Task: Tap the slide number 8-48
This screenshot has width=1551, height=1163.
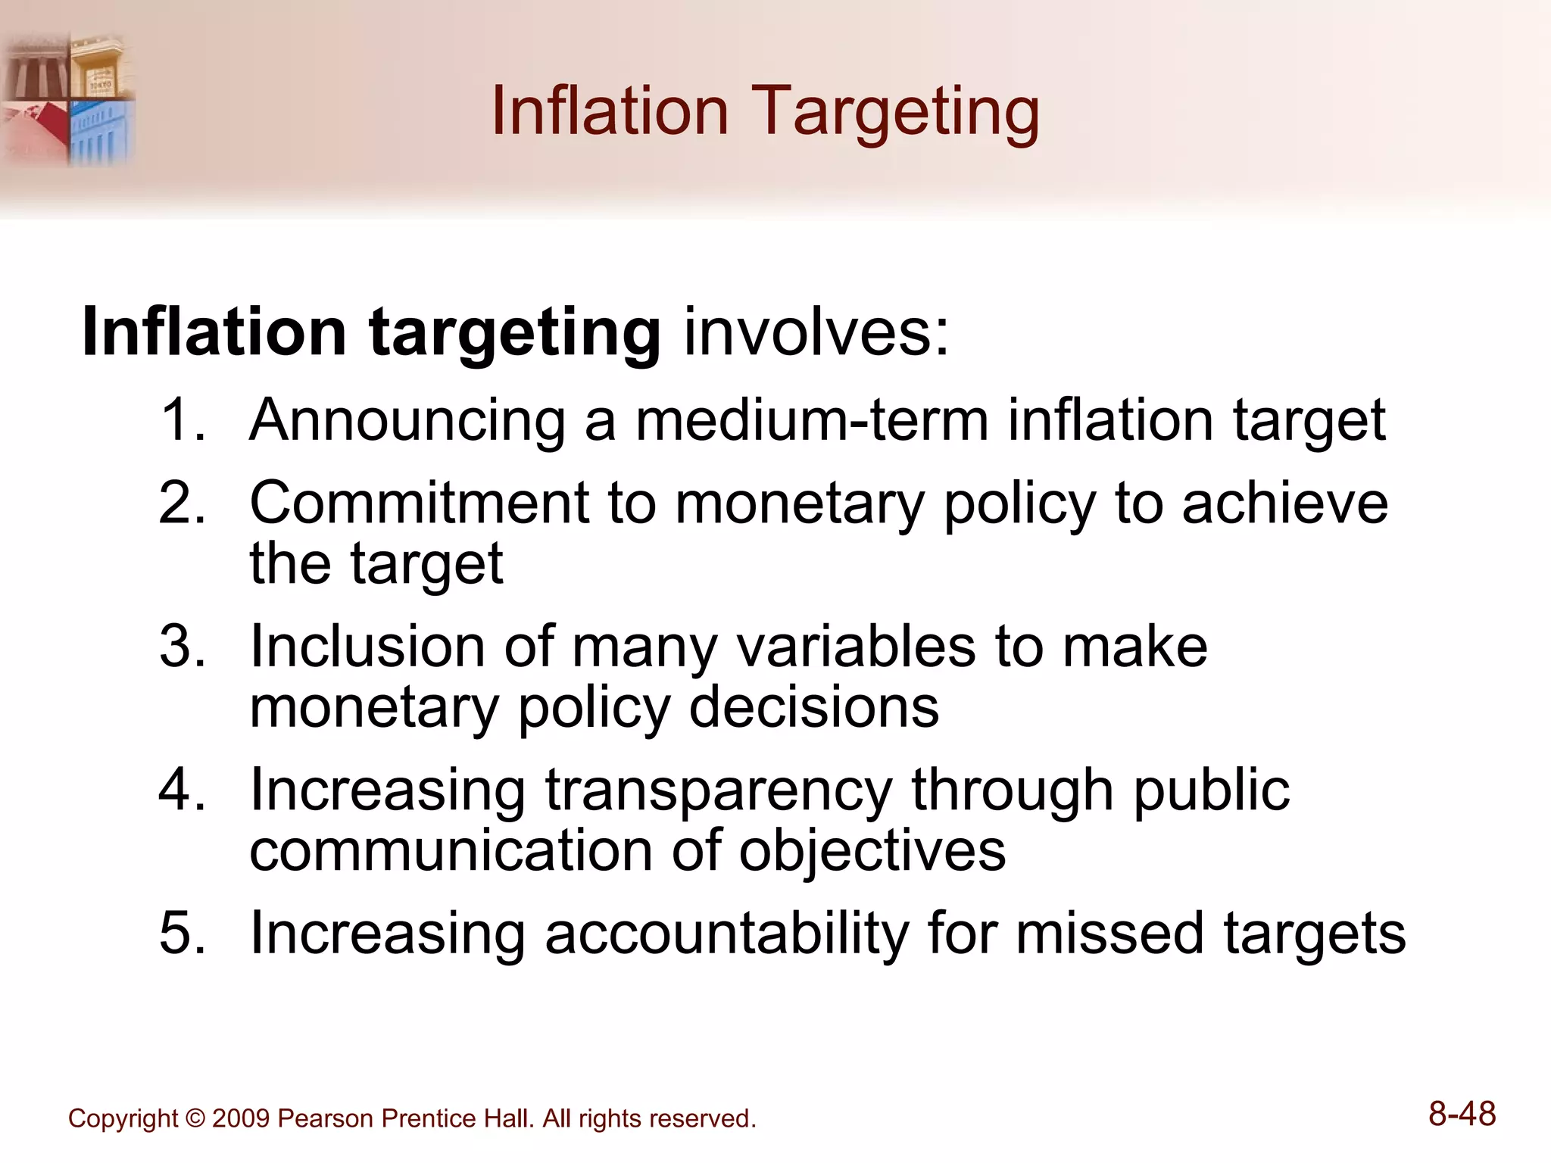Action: pos(1462,1114)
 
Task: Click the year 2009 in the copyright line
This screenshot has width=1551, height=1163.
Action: pos(241,1118)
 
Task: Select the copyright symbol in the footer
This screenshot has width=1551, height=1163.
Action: pos(195,1118)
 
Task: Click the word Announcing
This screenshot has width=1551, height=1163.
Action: pos(408,419)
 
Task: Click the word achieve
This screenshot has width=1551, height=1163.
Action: pos(1284,503)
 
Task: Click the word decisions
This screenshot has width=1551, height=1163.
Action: pos(814,707)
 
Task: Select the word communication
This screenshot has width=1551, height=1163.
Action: pos(451,850)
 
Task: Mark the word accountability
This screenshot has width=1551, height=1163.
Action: pos(727,934)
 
